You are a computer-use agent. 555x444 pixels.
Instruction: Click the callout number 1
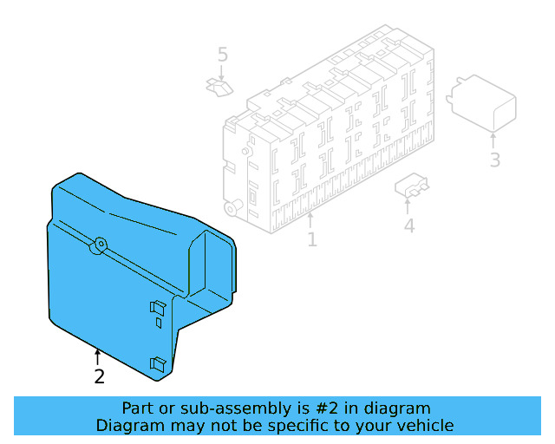312,239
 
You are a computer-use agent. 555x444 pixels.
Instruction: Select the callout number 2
100,376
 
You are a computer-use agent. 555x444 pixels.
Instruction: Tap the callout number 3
495,160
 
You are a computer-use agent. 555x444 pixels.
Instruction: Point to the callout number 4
409,225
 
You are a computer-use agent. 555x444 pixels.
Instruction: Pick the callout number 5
222,55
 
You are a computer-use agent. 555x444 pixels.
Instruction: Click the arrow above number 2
97,357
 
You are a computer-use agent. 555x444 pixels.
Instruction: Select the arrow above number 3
493,140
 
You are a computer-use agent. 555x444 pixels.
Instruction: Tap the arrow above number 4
408,206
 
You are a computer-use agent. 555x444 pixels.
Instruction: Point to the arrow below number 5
222,73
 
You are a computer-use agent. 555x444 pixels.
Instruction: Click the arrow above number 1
310,219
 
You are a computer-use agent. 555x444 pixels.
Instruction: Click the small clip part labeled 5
219,87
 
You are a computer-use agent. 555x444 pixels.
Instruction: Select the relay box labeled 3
482,103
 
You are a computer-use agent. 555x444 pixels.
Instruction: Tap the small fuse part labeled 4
411,185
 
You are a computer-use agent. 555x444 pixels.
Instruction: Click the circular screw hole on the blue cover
101,244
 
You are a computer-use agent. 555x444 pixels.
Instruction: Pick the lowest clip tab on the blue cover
158,365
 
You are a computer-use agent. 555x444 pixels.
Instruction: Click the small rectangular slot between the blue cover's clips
159,323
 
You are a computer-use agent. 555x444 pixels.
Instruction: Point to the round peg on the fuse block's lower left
232,207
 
